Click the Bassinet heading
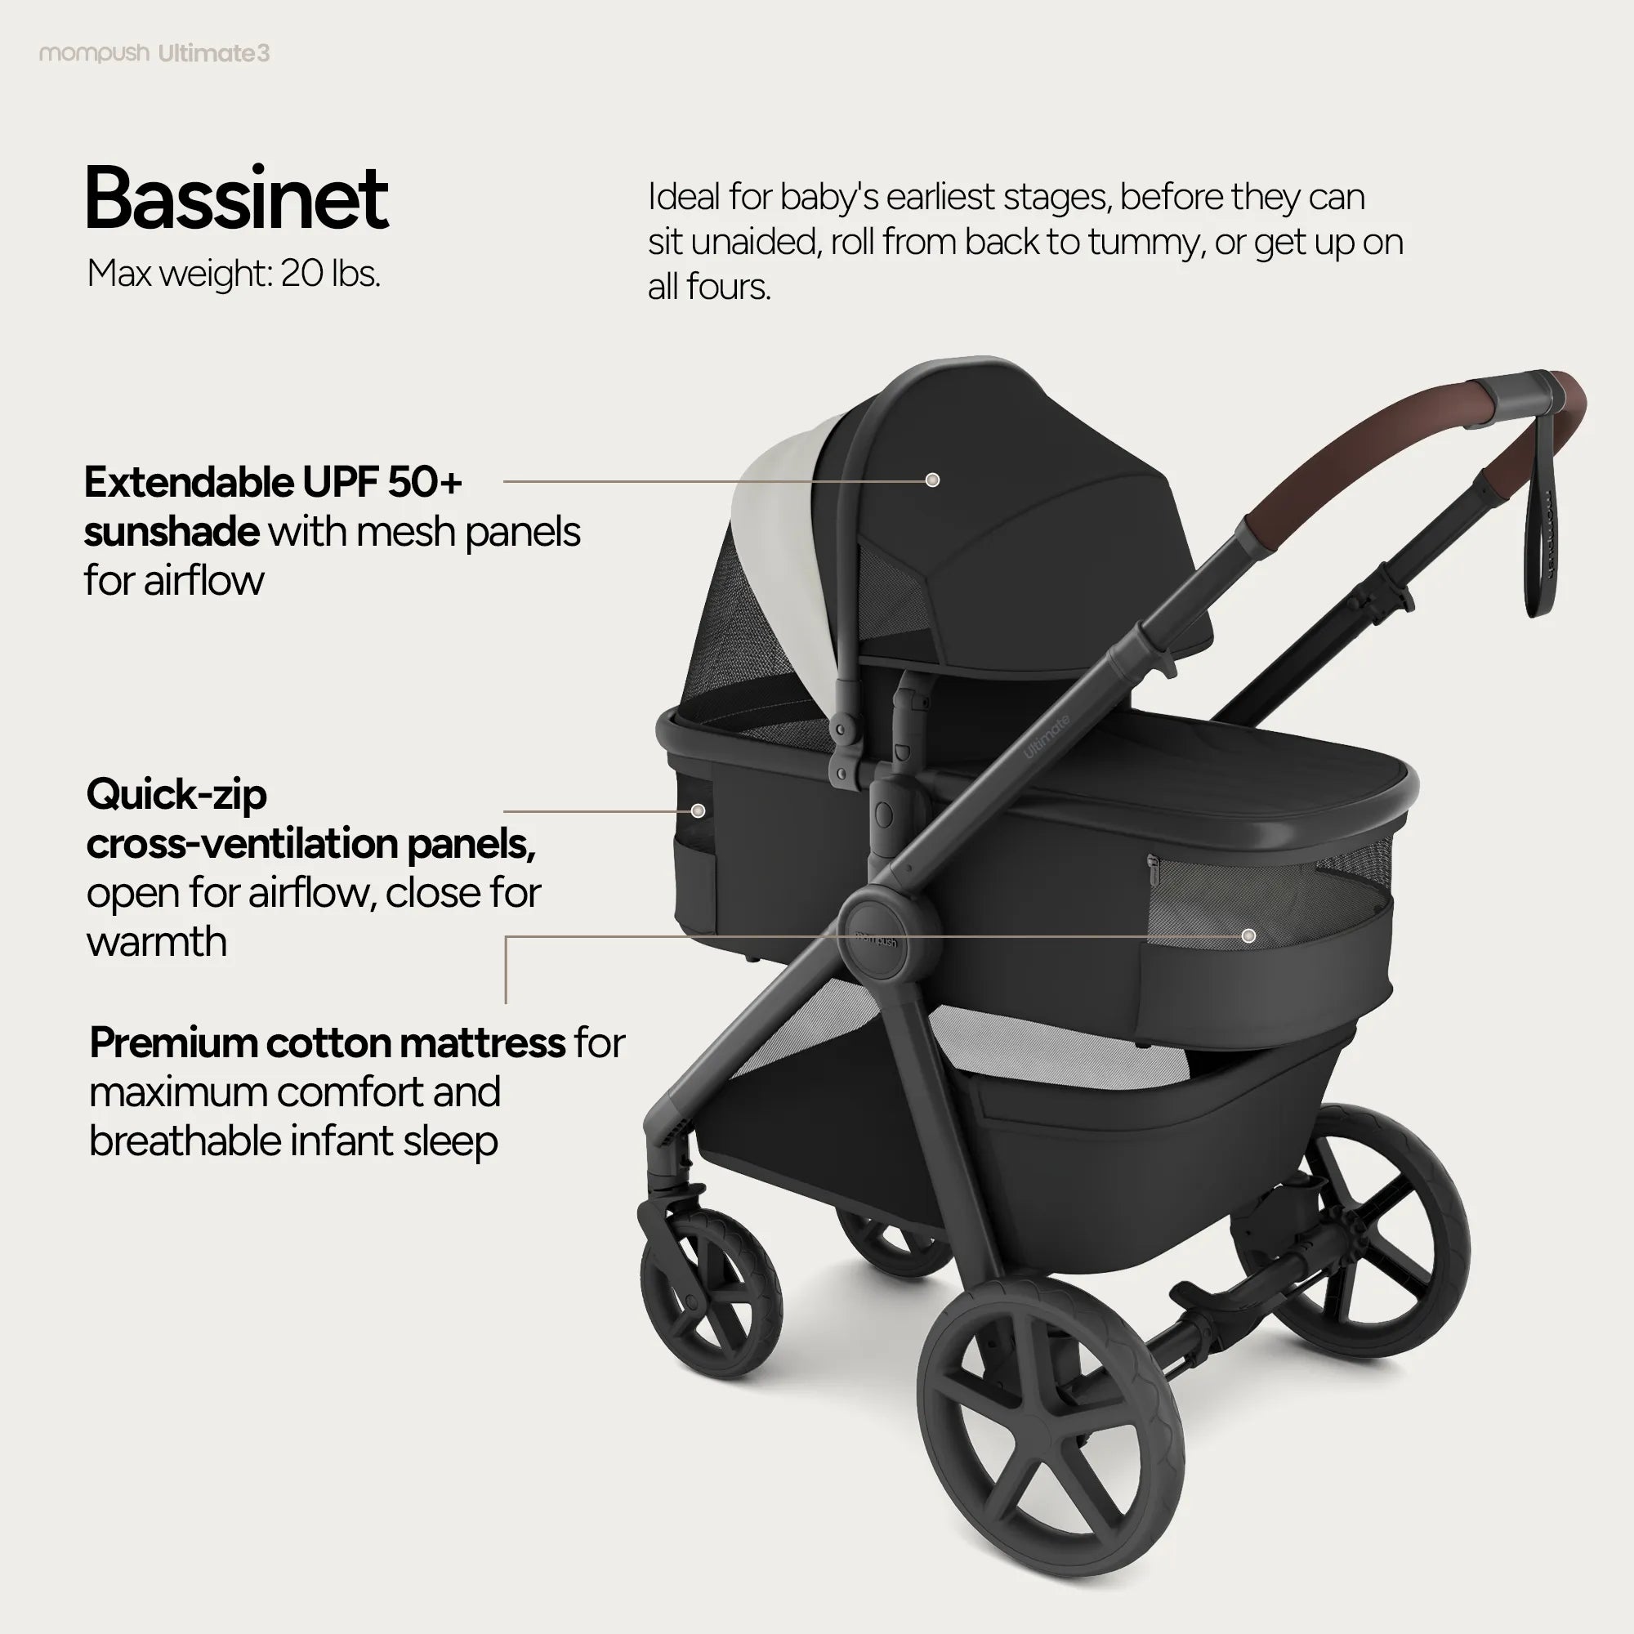236,199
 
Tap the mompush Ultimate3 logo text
154,54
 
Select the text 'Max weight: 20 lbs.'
234,274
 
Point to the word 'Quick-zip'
176,794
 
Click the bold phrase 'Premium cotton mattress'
328,1042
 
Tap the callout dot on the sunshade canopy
932,480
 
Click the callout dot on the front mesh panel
1248,935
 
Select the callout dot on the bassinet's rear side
698,811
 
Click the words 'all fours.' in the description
708,288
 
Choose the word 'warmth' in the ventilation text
158,942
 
